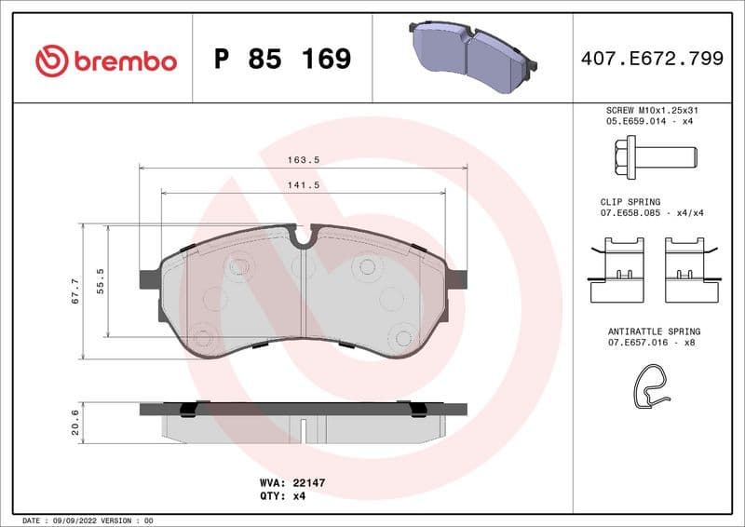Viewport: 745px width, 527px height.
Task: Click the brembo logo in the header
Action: [105, 61]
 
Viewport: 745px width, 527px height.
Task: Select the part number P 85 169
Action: [282, 60]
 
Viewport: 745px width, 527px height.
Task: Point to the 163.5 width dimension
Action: [304, 160]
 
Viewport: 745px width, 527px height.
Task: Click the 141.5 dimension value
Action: [304, 185]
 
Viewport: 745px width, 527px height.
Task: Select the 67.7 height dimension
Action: [74, 290]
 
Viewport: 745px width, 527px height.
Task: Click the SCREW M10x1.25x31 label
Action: [651, 110]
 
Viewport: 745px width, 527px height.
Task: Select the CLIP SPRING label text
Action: [630, 202]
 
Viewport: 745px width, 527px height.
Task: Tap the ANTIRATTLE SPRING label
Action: [653, 331]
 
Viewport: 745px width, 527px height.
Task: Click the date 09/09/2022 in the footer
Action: [79, 520]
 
